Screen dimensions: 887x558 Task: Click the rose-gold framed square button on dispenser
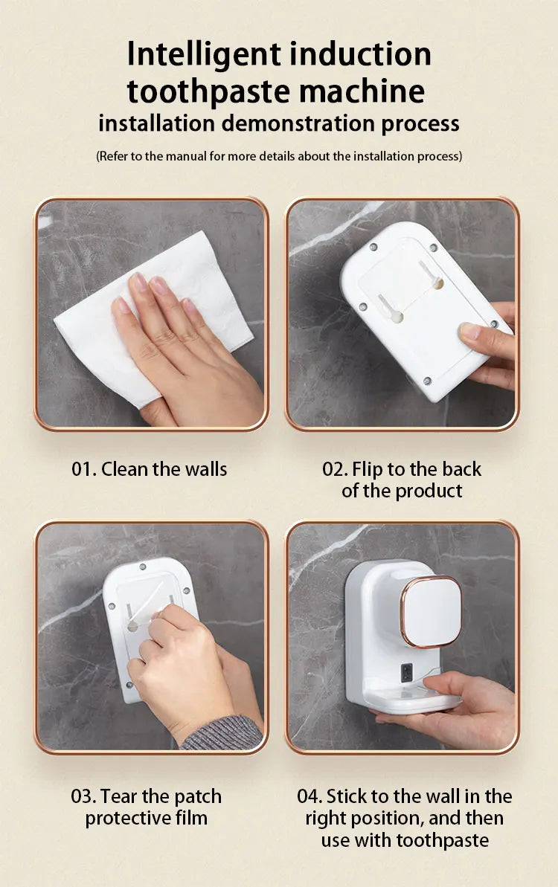432,611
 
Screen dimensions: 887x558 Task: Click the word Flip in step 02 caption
367,469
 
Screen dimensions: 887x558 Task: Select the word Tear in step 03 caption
118,796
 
